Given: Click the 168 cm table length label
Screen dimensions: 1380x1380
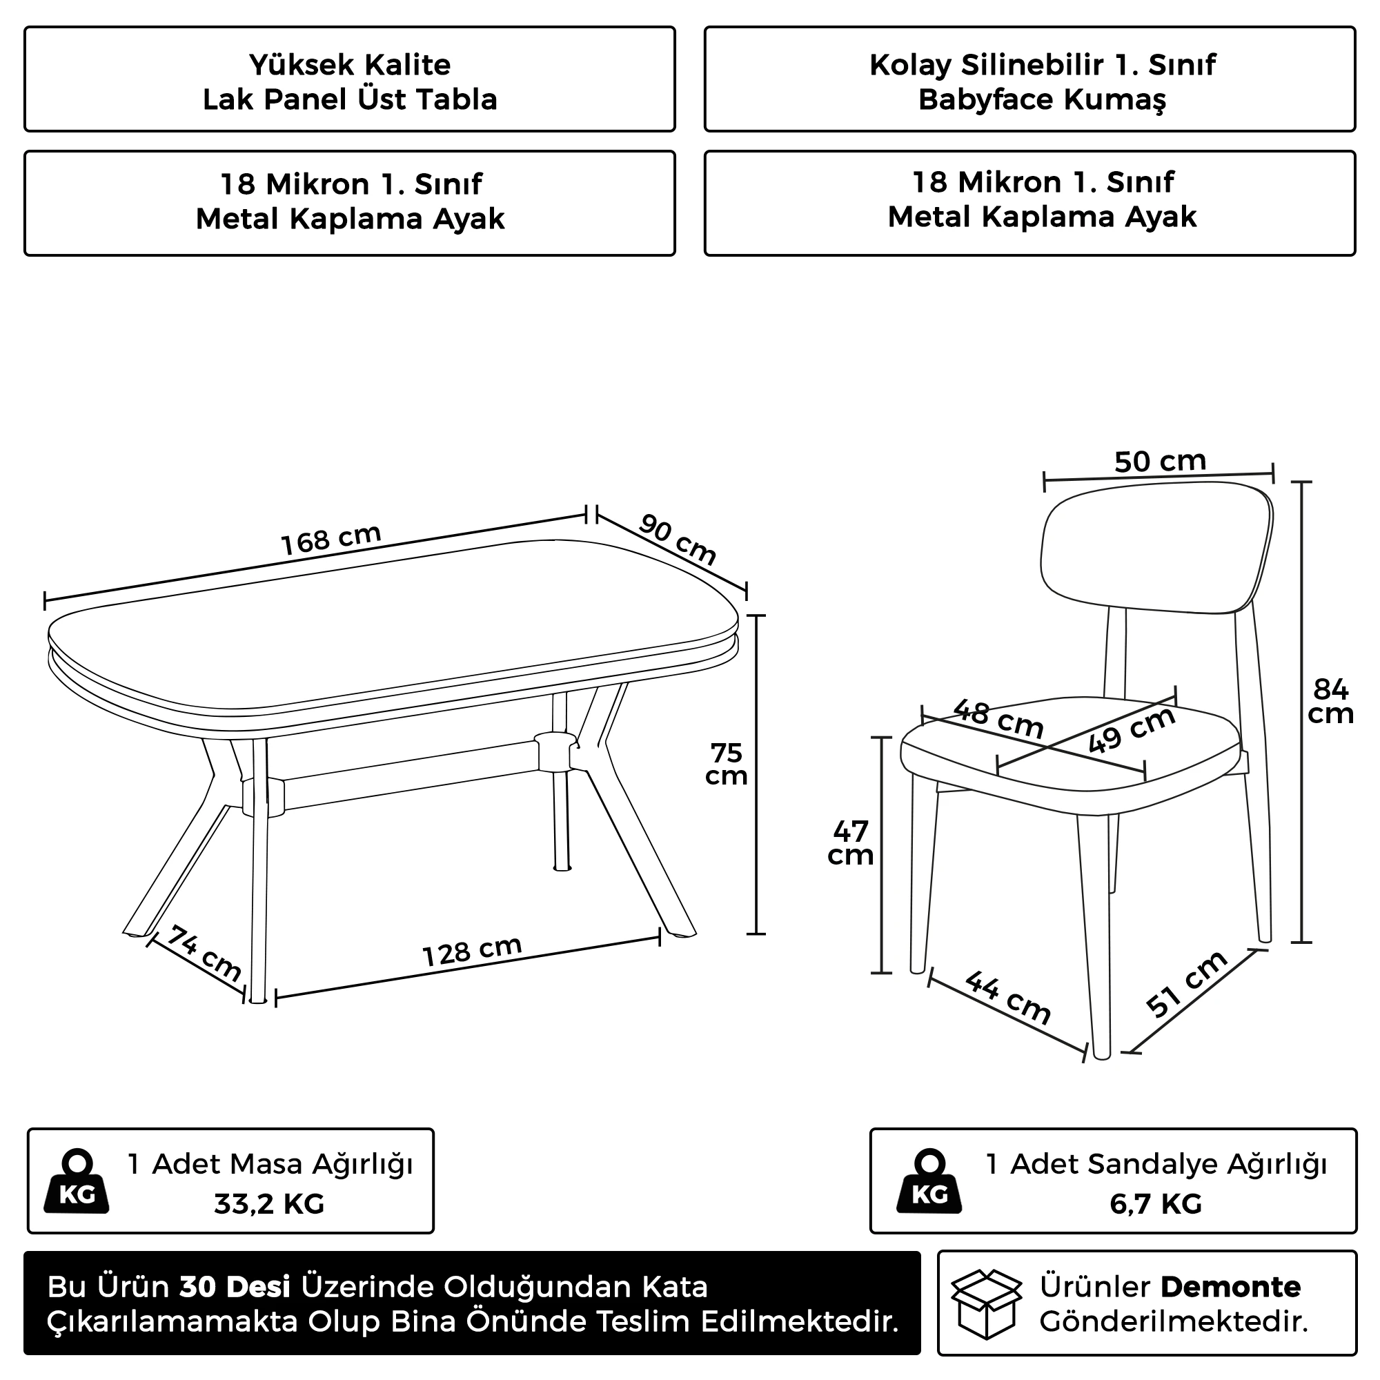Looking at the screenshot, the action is tap(331, 540).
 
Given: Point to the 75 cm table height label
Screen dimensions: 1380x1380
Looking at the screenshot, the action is tap(726, 765).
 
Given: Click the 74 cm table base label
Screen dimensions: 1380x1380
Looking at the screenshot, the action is tap(204, 954).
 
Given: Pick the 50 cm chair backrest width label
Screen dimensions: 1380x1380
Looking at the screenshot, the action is tap(1160, 462).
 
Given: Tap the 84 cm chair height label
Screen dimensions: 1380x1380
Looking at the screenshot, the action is tap(1331, 701).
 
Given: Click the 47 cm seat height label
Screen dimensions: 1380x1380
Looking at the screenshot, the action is tap(850, 843).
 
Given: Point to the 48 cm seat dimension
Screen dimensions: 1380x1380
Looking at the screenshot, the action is tap(998, 719).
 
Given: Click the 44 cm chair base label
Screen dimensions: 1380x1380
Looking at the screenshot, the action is tap(1008, 998).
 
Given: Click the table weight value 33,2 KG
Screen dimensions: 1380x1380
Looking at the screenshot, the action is tap(269, 1204).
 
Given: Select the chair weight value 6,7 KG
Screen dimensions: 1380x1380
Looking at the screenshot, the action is tap(1156, 1204).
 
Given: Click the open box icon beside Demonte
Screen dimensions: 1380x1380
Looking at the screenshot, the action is tap(986, 1303).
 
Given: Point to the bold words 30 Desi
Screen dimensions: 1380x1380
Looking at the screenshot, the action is tap(235, 1287).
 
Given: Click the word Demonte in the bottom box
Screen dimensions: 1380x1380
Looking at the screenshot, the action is tap(1231, 1287).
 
